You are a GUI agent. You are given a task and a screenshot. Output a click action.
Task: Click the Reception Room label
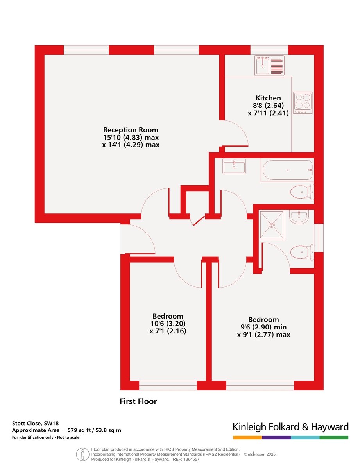coord(131,130)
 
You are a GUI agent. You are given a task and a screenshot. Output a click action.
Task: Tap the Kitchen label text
coord(268,98)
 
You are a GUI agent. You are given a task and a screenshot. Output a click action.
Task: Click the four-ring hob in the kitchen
coord(303,103)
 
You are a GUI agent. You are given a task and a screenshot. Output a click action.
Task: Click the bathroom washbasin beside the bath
coord(234,166)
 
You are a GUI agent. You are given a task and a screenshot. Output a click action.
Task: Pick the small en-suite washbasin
coord(299,217)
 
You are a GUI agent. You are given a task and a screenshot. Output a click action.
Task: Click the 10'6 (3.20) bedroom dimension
coord(168,324)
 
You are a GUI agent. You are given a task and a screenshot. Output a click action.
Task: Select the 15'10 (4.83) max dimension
coord(131,138)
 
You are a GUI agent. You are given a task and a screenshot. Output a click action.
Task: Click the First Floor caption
coord(138,401)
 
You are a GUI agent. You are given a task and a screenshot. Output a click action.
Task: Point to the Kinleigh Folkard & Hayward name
coord(290,426)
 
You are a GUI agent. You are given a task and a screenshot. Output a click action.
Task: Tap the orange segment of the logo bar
coord(247,437)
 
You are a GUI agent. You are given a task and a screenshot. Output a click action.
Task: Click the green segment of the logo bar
coord(334,437)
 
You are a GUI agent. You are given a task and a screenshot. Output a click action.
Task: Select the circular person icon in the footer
coord(82,455)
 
